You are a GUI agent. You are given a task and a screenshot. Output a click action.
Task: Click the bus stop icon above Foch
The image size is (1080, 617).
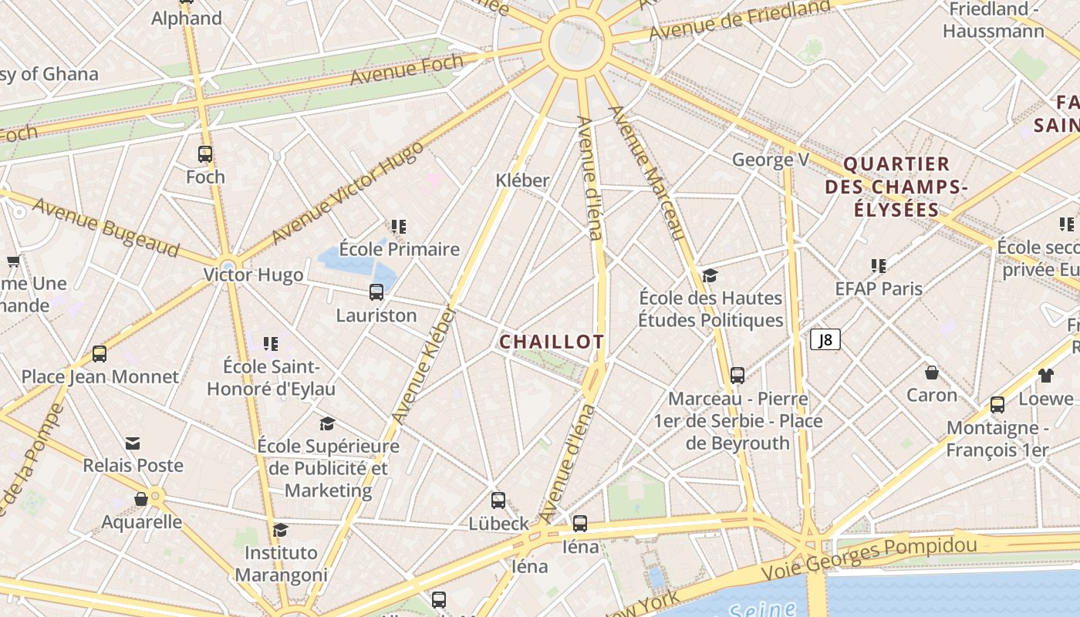[x=204, y=154]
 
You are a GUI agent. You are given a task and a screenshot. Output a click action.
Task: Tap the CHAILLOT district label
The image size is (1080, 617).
[x=552, y=342]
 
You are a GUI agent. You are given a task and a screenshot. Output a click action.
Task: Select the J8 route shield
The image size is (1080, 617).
[x=825, y=339]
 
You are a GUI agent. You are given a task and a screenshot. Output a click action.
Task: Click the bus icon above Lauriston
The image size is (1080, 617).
[x=376, y=292]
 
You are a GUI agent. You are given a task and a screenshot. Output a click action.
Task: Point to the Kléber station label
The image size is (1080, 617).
[x=522, y=180]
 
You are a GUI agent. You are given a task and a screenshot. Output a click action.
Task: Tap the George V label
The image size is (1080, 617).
[x=770, y=160]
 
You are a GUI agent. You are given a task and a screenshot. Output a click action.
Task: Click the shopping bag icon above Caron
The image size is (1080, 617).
[x=932, y=373]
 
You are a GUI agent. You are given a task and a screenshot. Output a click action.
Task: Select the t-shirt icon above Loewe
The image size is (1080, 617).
[x=1045, y=376]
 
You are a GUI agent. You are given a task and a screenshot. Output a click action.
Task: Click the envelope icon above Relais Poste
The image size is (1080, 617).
[x=133, y=443]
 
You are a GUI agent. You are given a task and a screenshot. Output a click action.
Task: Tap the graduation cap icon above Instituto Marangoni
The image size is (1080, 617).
[x=281, y=530]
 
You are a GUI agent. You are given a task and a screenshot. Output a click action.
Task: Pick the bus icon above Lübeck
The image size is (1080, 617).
[x=498, y=500]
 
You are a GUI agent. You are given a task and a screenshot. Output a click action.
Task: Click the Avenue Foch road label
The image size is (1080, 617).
[x=407, y=69]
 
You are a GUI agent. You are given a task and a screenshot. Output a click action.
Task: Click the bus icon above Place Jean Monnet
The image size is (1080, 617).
[x=100, y=354]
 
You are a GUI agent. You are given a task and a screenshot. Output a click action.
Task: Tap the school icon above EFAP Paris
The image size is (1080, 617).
[x=878, y=266]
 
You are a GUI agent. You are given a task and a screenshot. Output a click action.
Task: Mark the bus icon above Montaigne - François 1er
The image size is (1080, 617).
[x=997, y=404]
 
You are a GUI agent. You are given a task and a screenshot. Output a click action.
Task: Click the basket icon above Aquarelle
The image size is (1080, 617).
[x=141, y=499]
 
